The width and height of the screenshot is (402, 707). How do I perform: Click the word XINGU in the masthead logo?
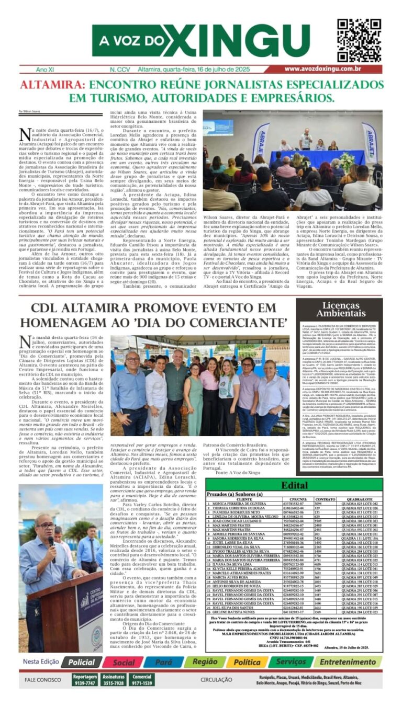pos(241,41)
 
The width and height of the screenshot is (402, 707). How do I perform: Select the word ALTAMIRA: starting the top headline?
pos(51,85)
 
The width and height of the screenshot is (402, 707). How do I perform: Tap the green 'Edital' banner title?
pos(294,485)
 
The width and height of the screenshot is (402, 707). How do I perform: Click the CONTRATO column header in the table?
pos(325,499)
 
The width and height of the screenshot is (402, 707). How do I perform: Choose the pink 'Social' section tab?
pos(124,662)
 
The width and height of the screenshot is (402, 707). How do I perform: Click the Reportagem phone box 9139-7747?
pos(84,680)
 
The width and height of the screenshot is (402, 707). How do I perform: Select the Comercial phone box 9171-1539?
pos(142,680)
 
